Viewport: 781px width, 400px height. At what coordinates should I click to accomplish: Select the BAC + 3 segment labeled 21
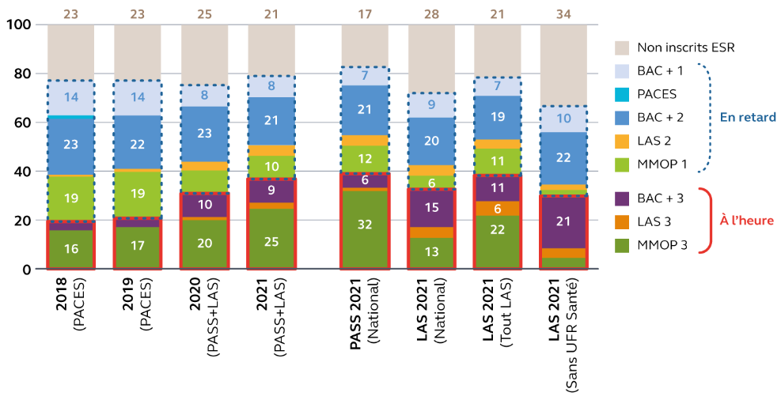pos(563,221)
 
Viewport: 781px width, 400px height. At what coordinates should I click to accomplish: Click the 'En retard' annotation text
pos(747,117)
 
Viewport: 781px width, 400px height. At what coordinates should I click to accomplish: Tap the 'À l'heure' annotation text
pos(746,221)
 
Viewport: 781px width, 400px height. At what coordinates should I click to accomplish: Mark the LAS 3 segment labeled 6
pos(497,208)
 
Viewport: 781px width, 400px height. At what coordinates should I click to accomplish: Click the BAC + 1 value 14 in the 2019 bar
pos(137,98)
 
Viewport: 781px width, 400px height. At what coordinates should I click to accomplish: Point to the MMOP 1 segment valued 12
pos(365,159)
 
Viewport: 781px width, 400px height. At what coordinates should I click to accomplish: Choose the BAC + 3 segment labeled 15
pos(430,208)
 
